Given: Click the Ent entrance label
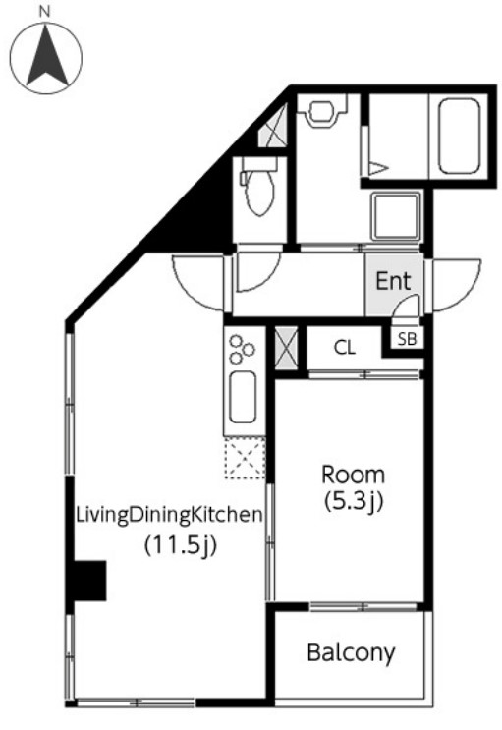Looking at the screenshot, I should pos(393,281).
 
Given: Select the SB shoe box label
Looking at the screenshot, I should pos(406,338).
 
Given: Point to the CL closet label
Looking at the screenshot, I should pos(344,347).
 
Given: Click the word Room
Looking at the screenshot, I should pos(354,474).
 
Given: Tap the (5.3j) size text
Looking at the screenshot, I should pos(354,501).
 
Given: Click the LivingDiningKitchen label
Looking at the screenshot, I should pos(169,513).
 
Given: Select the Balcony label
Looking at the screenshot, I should pos(351,651).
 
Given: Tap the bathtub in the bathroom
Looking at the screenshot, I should pos(459,134).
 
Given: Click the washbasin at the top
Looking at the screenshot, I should pos(320,110).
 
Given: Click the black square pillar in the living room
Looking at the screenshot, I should pos(89,581).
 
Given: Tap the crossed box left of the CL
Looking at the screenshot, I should pos(286,348).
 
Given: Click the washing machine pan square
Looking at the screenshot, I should pos(396,215).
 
